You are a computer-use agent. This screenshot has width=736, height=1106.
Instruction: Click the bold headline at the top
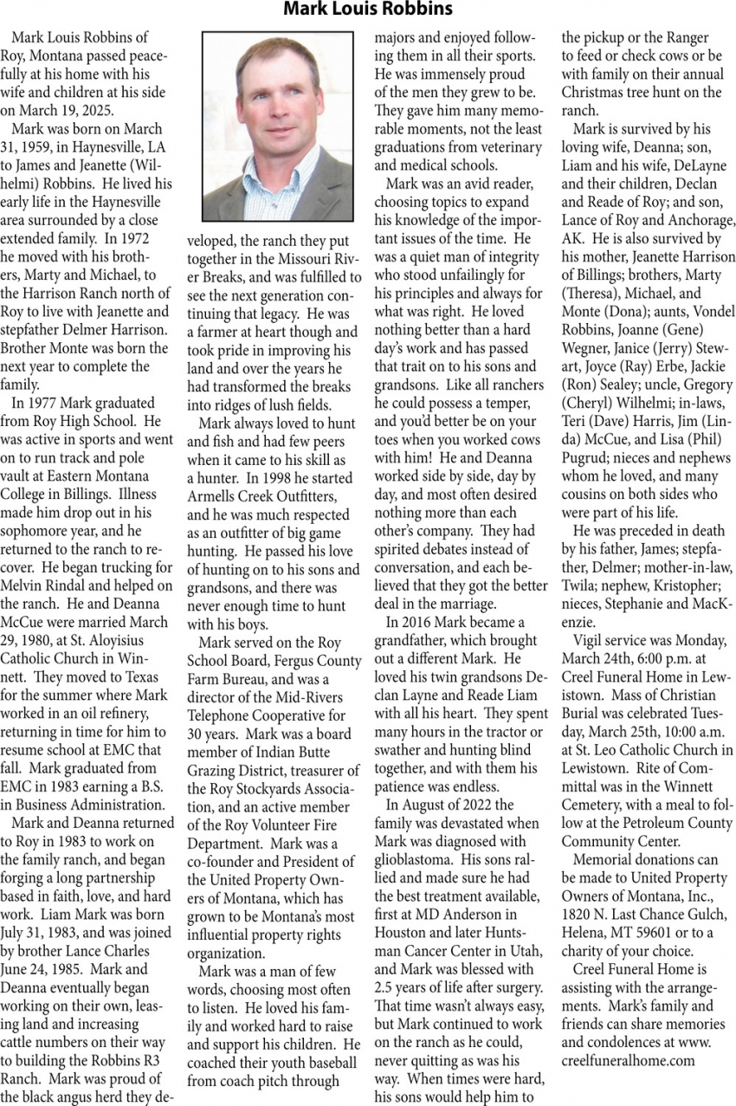[368, 10]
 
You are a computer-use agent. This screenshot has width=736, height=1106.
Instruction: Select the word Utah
[530, 950]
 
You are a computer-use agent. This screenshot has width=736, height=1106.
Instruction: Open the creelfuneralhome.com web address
[628, 1060]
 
